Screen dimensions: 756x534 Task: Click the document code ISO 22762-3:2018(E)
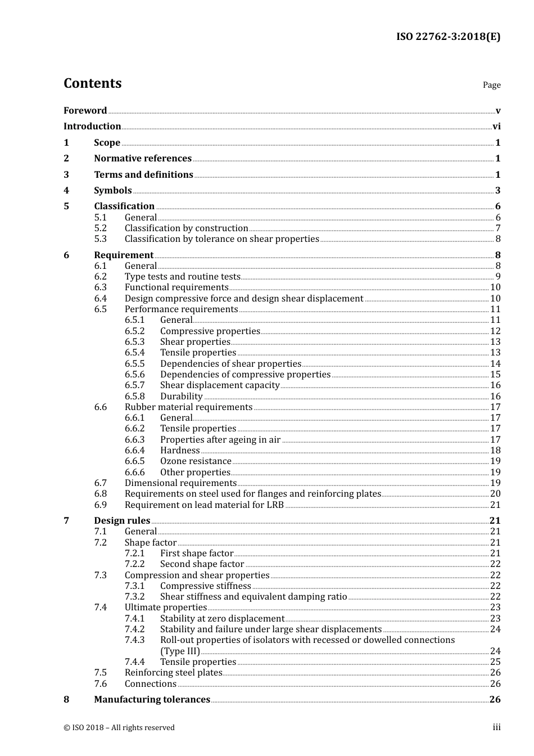coord(448,37)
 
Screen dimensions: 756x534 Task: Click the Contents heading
coord(92,83)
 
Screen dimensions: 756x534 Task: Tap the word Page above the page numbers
coord(491,85)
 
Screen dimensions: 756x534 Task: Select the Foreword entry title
coord(85,111)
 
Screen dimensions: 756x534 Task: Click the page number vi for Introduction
coord(496,127)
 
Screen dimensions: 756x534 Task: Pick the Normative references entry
coord(143,159)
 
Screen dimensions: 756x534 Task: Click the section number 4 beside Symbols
coord(66,191)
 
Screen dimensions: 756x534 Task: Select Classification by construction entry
coord(186,228)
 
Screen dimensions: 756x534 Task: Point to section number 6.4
coord(100,299)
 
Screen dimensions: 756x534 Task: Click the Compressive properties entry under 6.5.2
coord(210,331)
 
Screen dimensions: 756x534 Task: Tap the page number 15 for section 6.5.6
coord(495,375)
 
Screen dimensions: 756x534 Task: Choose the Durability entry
coord(181,397)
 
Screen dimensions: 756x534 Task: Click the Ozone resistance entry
coord(196,461)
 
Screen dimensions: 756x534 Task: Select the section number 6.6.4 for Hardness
coord(134,451)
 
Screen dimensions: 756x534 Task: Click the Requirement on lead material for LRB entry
coord(204,505)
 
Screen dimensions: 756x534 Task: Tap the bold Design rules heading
coord(122,521)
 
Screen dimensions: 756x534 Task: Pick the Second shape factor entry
coord(202,564)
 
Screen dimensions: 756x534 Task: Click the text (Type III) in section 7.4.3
coord(180,651)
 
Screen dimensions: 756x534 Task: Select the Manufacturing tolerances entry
coord(152,700)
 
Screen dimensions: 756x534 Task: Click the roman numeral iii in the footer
coord(496,727)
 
